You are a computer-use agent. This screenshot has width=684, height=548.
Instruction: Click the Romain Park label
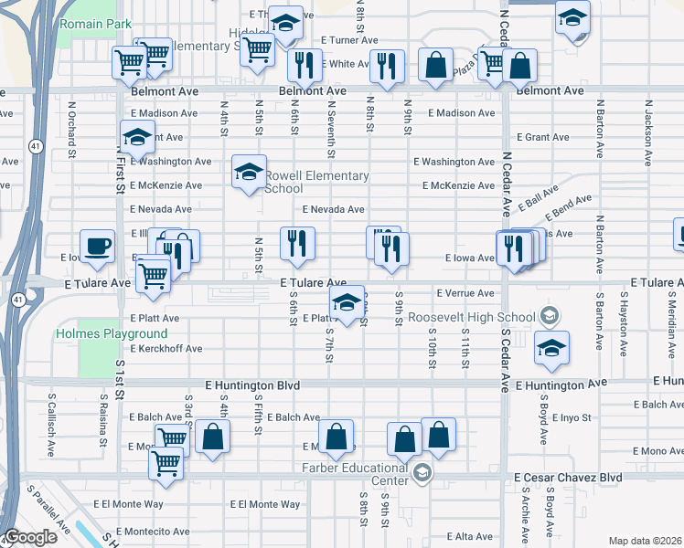(x=95, y=24)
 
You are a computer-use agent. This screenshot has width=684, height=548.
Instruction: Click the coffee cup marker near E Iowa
(x=98, y=246)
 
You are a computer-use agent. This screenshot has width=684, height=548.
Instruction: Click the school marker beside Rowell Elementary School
(x=249, y=173)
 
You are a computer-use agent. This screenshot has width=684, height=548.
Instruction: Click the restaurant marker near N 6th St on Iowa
(x=297, y=243)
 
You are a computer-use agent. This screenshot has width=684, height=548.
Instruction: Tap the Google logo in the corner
(x=30, y=537)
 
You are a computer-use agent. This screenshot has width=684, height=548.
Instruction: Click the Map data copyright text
(x=646, y=541)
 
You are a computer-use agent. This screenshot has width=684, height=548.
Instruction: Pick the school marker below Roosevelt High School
(x=552, y=349)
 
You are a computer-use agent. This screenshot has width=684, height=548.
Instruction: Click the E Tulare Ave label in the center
(x=313, y=284)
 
